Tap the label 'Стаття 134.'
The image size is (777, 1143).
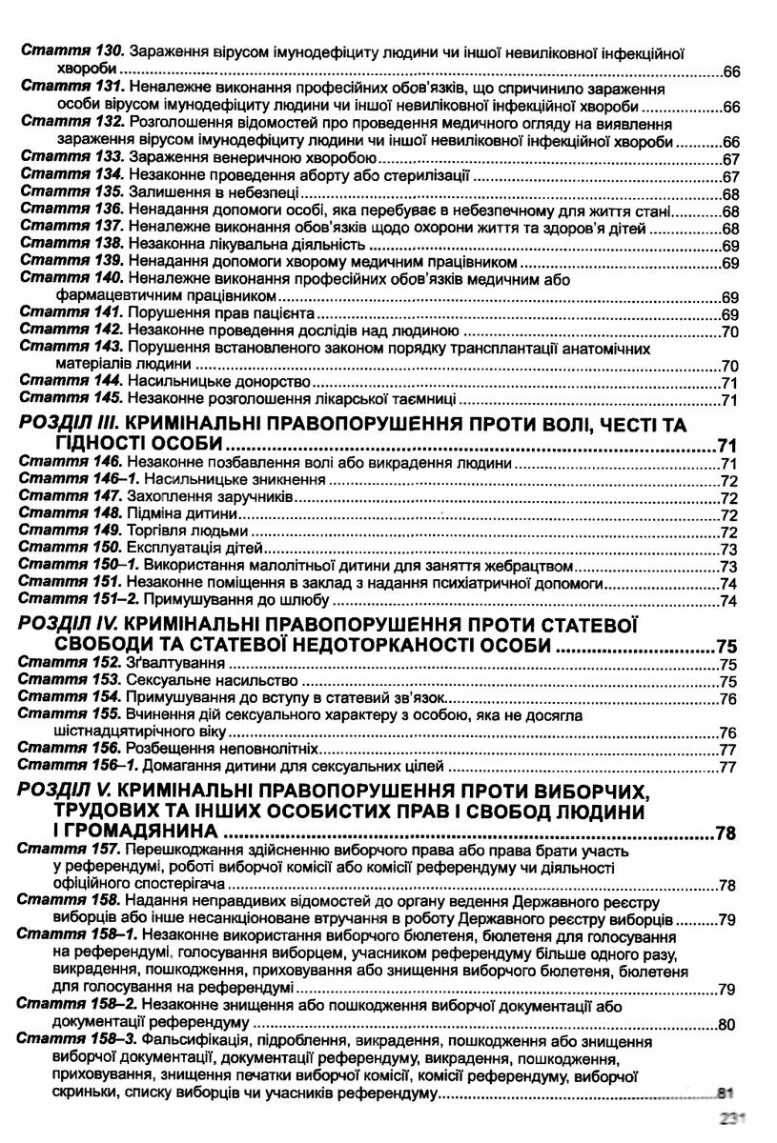(x=72, y=176)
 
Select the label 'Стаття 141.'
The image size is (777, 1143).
(x=72, y=312)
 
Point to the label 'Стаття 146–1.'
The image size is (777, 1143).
(x=79, y=480)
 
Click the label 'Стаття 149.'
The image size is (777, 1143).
(x=72, y=531)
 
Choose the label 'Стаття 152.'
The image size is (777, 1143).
(x=72, y=664)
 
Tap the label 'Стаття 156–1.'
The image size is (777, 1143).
(x=79, y=765)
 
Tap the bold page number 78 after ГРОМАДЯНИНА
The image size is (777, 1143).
(x=725, y=835)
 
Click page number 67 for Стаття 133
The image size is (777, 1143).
(x=731, y=159)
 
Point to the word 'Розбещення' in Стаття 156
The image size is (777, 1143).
(x=169, y=749)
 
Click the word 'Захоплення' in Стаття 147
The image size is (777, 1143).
(x=168, y=497)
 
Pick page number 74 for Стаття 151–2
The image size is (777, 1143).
(x=730, y=600)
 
